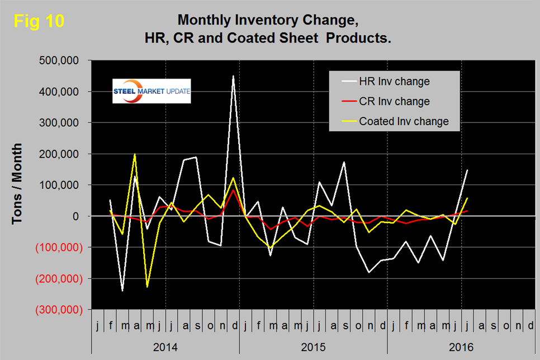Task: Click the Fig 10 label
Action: point(40,21)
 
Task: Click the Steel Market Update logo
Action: point(151,91)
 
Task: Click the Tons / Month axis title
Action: point(18,184)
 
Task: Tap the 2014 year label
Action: point(165,347)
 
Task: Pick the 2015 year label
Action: point(313,347)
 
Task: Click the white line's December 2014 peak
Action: point(233,76)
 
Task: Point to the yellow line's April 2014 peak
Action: point(135,154)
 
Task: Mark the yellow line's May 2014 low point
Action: point(147,287)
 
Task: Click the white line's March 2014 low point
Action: point(122,291)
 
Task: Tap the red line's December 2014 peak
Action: point(233,190)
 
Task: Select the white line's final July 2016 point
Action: point(467,170)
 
